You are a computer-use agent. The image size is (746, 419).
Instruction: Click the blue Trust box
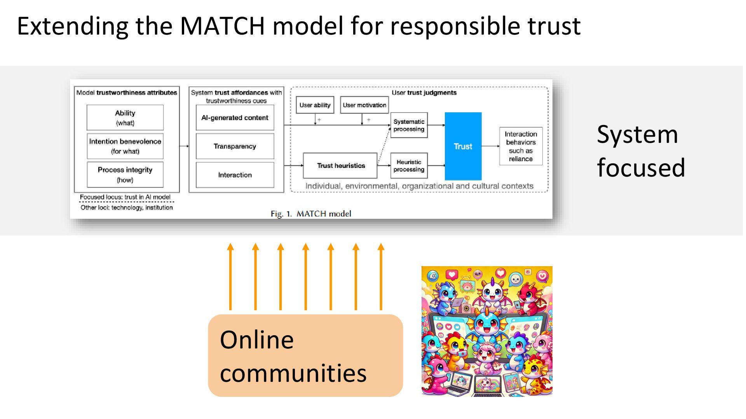click(x=463, y=146)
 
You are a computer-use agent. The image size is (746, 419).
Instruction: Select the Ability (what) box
click(x=125, y=118)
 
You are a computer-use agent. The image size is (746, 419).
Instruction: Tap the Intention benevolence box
click(x=125, y=146)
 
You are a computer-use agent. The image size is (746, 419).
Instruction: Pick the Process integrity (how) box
click(x=125, y=175)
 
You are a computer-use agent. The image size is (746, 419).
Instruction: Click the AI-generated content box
click(x=235, y=118)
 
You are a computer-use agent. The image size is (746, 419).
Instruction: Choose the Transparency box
click(x=235, y=146)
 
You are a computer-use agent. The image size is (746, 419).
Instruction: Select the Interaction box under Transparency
click(x=235, y=175)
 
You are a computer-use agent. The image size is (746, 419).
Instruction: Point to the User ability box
click(x=315, y=105)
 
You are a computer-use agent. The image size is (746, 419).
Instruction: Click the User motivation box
click(x=364, y=105)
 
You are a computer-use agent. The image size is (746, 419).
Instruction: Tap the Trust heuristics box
click(x=340, y=166)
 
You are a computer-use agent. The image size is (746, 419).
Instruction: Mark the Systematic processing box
click(x=409, y=125)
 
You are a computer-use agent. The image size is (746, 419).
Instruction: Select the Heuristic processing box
click(x=409, y=166)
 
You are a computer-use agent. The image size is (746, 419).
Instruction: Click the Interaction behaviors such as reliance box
click(x=521, y=146)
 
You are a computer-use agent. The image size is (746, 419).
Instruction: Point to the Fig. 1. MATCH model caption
click(x=311, y=214)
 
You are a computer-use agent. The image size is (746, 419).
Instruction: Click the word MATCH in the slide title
click(x=222, y=26)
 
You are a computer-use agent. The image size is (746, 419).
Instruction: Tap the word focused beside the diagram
click(x=641, y=168)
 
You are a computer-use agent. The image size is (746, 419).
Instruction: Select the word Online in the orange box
click(x=256, y=340)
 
